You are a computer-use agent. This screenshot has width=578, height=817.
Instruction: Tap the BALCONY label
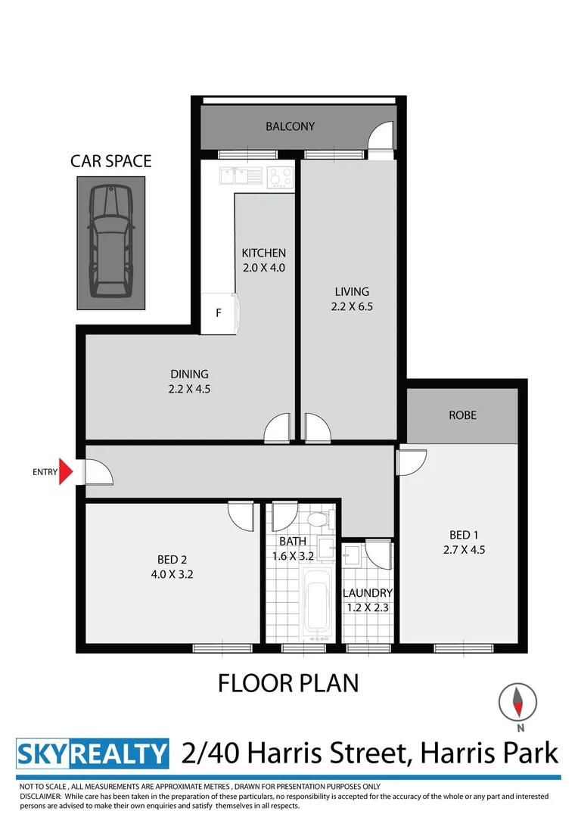coord(290,126)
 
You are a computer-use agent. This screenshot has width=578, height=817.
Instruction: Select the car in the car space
coord(110,242)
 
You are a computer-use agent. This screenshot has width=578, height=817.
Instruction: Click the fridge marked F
coord(219,312)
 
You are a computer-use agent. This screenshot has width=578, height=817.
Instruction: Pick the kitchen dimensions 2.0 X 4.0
coord(263,266)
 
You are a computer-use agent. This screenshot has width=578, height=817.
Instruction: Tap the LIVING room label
coord(352,291)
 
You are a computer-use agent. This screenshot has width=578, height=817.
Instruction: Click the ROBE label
coord(462,415)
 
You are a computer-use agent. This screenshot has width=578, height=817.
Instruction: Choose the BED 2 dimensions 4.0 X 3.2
coord(172,573)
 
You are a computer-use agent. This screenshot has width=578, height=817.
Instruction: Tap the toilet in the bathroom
coord(319,520)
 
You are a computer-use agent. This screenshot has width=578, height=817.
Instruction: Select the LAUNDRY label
coord(368,593)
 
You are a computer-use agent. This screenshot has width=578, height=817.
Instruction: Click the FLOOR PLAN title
coord(288,683)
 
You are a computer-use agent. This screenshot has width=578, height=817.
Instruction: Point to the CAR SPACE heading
coord(110,160)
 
